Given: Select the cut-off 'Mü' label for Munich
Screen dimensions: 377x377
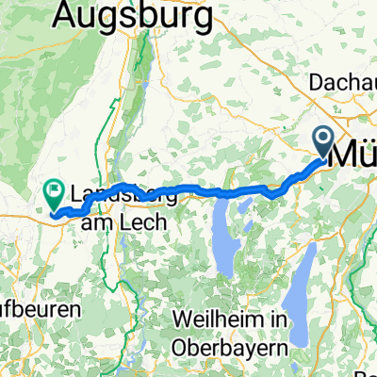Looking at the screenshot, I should tap(355, 154).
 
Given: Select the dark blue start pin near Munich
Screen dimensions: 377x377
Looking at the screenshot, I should tap(323, 144).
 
